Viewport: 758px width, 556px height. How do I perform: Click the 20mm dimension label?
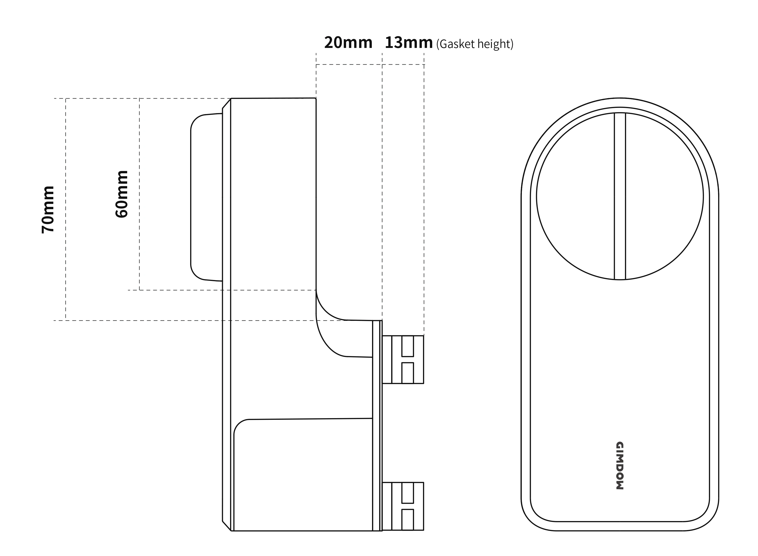(348, 43)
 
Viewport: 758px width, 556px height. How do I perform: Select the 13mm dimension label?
(409, 43)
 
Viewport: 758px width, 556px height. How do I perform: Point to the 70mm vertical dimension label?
(48, 209)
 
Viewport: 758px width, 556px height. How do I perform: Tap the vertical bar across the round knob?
(620, 196)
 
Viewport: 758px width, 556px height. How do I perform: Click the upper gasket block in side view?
(403, 359)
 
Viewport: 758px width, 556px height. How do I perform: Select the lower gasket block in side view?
(403, 506)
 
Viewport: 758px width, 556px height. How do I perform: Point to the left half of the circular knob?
(575, 196)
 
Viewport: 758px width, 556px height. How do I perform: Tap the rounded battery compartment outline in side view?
(303, 475)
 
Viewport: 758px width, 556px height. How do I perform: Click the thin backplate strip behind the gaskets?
(377, 426)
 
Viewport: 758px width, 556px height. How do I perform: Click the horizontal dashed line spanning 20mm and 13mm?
(370, 64)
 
